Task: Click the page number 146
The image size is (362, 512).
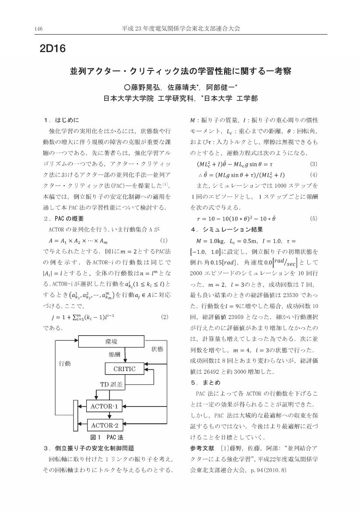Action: [x=38, y=29]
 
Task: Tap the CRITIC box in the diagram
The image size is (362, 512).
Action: [x=125, y=369]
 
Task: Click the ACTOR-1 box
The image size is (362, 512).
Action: [x=104, y=407]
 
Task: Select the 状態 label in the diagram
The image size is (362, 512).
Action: [x=157, y=349]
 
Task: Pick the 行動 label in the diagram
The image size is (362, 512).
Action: [x=65, y=363]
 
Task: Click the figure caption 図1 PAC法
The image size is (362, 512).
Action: [x=107, y=437]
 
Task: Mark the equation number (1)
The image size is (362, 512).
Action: [x=164, y=240]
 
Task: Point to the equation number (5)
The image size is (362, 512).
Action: [x=313, y=218]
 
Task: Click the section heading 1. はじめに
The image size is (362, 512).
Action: [x=61, y=120]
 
